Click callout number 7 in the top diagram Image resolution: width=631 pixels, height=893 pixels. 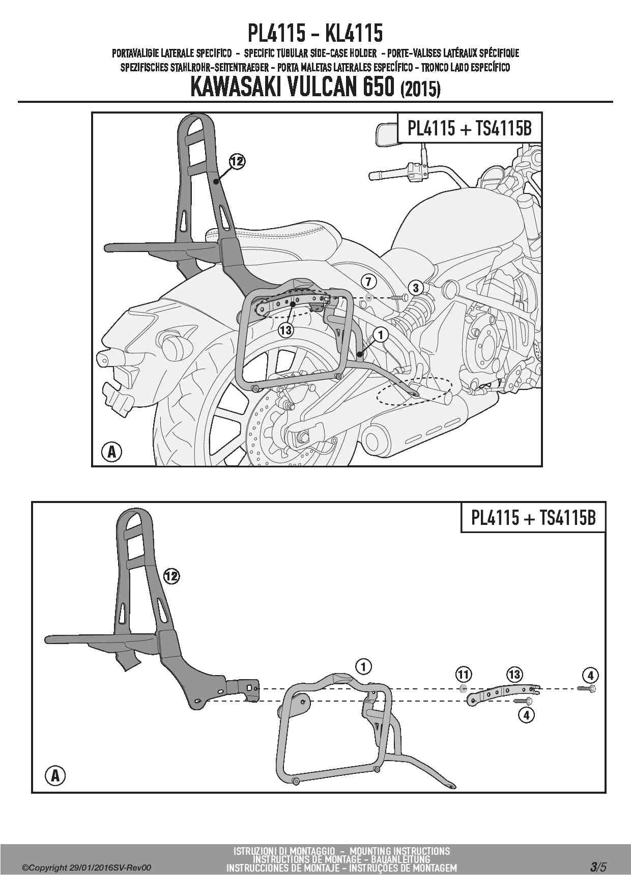pyautogui.click(x=369, y=280)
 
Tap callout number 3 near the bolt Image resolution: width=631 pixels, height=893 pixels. pyautogui.click(x=416, y=288)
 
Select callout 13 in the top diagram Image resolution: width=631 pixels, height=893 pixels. pyautogui.click(x=286, y=330)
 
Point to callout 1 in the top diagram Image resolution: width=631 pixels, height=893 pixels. pyautogui.click(x=380, y=334)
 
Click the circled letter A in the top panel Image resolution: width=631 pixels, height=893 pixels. pyautogui.click(x=112, y=452)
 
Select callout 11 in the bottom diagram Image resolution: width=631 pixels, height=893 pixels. pyautogui.click(x=463, y=675)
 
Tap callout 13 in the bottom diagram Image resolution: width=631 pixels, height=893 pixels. pyautogui.click(x=514, y=675)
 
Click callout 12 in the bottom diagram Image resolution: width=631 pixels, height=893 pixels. pyautogui.click(x=171, y=576)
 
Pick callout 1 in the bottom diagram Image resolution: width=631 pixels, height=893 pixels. pyautogui.click(x=363, y=666)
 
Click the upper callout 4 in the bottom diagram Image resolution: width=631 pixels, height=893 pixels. pyautogui.click(x=590, y=676)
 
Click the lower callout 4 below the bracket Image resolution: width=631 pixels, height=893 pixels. pyautogui.click(x=526, y=715)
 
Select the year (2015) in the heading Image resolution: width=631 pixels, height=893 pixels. pyautogui.click(x=421, y=89)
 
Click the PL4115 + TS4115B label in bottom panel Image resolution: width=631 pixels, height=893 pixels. pyautogui.click(x=533, y=517)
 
